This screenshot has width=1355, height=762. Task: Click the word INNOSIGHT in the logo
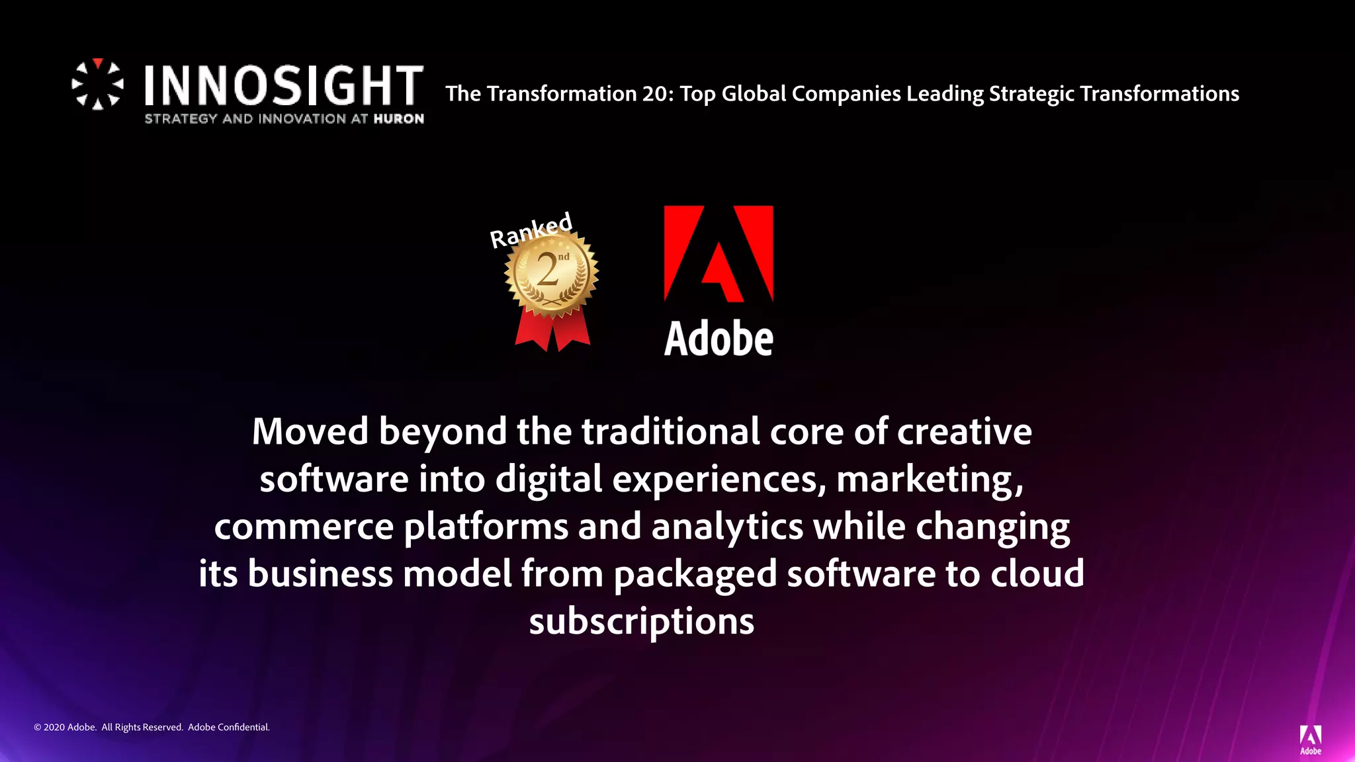(284, 85)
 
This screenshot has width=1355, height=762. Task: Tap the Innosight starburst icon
(97, 84)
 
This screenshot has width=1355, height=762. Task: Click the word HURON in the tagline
(398, 119)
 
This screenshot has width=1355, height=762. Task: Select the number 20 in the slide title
(656, 94)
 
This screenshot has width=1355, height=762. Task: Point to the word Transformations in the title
(1159, 94)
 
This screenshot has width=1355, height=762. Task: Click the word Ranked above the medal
(531, 230)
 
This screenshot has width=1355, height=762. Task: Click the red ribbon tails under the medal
(552, 331)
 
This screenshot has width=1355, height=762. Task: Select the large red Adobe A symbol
(719, 253)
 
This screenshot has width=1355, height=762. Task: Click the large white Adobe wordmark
(719, 339)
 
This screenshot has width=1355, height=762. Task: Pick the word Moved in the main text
(310, 431)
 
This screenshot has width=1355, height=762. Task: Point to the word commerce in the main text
(304, 527)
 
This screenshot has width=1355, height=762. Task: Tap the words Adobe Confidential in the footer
(229, 727)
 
